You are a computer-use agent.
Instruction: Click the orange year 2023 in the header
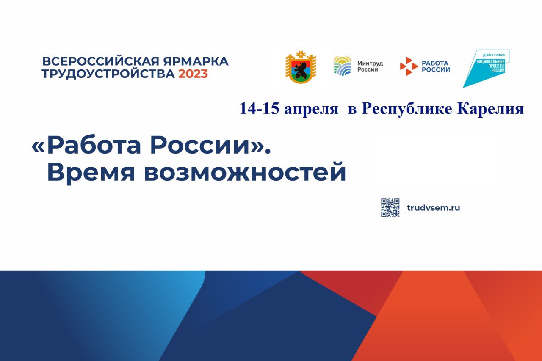(x=193, y=74)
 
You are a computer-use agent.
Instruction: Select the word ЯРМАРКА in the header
(x=196, y=61)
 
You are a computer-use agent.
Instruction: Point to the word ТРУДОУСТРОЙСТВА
(x=108, y=74)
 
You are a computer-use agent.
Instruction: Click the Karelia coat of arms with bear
(x=301, y=67)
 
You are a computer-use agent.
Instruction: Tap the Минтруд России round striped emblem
(x=342, y=66)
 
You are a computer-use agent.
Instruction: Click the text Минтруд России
(x=370, y=66)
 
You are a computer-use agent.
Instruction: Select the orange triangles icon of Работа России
(x=409, y=66)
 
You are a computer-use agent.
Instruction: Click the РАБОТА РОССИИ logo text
(x=436, y=66)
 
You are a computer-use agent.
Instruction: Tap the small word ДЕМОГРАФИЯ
(x=494, y=55)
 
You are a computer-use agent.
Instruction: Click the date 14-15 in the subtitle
(x=259, y=109)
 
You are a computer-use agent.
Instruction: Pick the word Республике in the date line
(x=406, y=110)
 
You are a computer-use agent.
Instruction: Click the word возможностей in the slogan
(x=245, y=172)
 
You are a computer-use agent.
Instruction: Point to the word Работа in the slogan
(x=94, y=145)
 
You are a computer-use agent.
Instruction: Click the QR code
(x=390, y=208)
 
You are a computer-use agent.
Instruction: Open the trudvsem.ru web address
(x=433, y=208)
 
